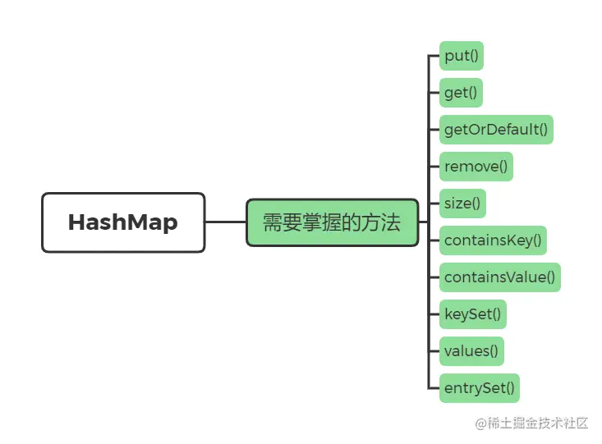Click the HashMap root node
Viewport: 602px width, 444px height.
(x=123, y=222)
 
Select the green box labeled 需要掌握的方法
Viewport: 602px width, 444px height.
(x=332, y=222)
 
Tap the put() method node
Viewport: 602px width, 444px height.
(x=462, y=56)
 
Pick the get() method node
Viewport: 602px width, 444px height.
(x=461, y=93)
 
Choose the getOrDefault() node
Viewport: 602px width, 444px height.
(x=496, y=130)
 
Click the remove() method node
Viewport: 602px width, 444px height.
(x=476, y=167)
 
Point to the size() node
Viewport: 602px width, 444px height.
(x=462, y=204)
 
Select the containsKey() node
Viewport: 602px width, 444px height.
(x=493, y=240)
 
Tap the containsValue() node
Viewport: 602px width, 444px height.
(x=499, y=277)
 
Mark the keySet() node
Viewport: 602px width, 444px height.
(x=472, y=314)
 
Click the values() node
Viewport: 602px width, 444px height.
(x=471, y=350)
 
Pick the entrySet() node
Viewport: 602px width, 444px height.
(x=480, y=387)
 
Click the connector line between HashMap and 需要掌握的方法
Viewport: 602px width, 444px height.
(x=226, y=222)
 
